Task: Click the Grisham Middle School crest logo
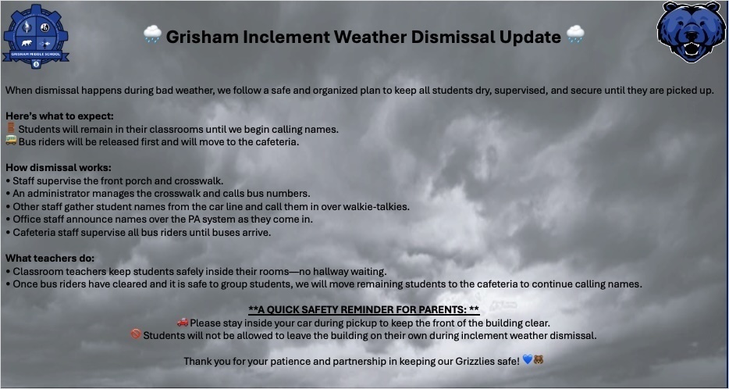[36, 36]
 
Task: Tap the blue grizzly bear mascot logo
[692, 33]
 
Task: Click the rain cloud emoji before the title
[152, 35]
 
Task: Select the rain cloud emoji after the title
[575, 35]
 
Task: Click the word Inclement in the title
[286, 36]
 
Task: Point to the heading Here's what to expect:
[59, 116]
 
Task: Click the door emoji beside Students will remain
[11, 128]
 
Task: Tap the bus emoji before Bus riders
[11, 141]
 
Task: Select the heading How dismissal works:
[59, 167]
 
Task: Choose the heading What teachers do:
[50, 258]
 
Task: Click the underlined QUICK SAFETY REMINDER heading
[364, 309]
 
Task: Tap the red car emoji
[183, 322]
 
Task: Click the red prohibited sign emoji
[136, 334]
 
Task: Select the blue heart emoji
[527, 360]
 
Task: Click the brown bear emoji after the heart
[539, 360]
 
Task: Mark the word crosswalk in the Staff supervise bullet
[199, 180]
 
